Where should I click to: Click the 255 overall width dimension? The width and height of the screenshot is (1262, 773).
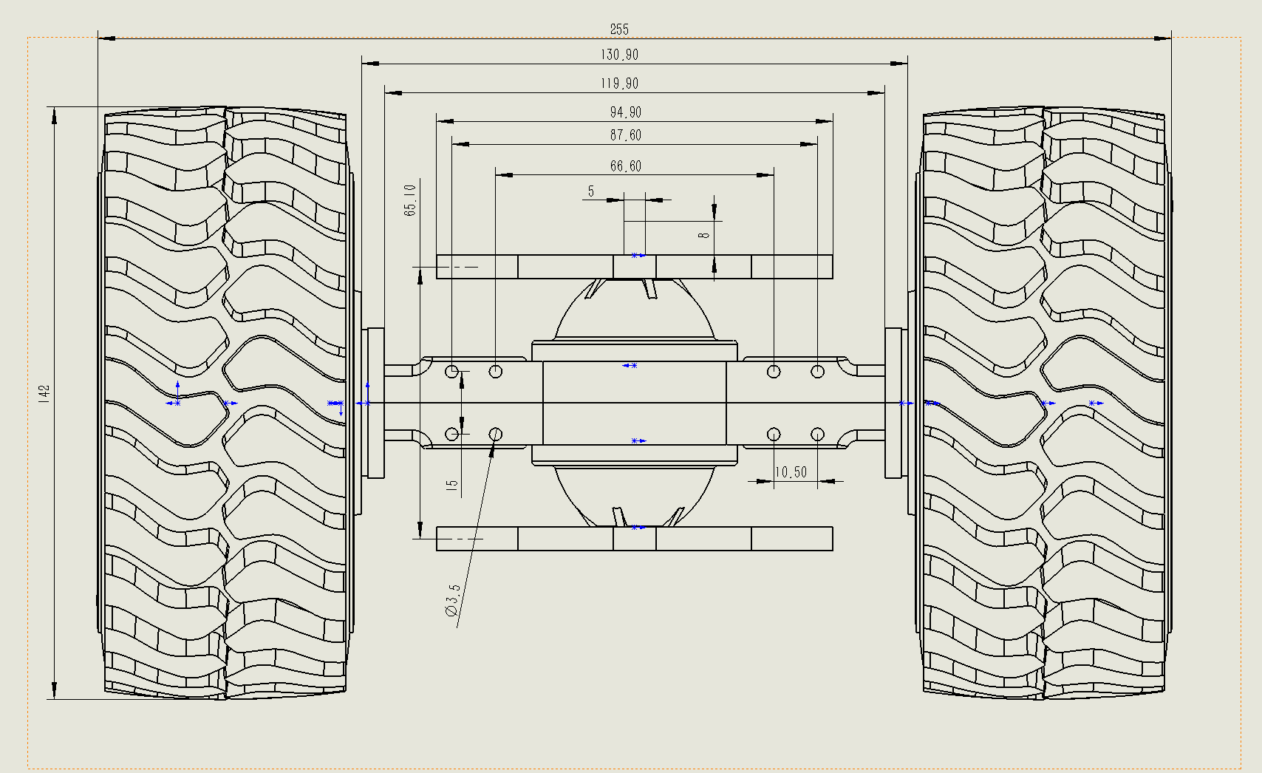click(x=619, y=29)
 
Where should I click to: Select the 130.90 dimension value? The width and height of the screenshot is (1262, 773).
click(x=619, y=55)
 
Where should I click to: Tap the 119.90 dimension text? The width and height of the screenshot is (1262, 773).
click(x=619, y=84)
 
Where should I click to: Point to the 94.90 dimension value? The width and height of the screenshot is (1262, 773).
click(x=625, y=112)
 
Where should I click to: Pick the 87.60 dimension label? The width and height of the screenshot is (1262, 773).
click(x=625, y=135)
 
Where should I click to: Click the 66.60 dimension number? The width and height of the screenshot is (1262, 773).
click(x=625, y=166)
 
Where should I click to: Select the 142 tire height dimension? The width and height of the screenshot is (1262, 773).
click(x=44, y=392)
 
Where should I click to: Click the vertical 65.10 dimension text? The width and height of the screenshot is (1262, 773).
click(x=410, y=200)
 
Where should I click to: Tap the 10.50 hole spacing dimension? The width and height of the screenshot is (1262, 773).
click(x=790, y=472)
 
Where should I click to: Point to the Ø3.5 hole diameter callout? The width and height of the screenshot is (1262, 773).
click(x=452, y=600)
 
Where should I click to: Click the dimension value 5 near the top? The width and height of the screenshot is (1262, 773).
click(x=591, y=191)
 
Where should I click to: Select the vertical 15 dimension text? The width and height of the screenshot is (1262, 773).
click(x=452, y=486)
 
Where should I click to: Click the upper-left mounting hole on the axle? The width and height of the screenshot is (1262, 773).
click(x=452, y=371)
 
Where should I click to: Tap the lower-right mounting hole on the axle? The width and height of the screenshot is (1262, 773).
click(x=817, y=434)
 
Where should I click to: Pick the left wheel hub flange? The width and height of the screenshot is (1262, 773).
click(x=375, y=403)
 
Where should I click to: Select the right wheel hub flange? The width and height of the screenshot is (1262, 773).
click(x=895, y=403)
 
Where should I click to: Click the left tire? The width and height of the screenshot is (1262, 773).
click(x=225, y=403)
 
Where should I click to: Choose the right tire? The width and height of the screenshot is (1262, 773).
click(x=1043, y=403)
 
